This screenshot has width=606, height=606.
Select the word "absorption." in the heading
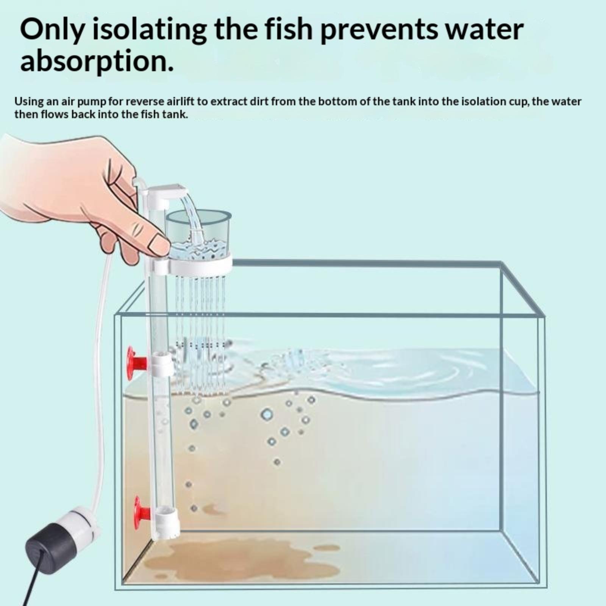tap(97, 62)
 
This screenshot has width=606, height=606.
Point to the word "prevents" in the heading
tap(379, 30)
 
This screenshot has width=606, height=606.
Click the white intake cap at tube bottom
tap(167, 521)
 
